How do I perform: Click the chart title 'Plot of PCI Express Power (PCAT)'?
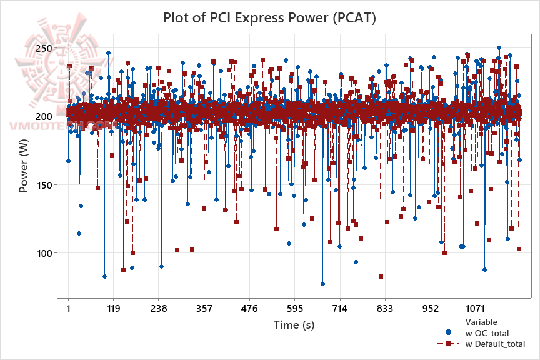coord(269,17)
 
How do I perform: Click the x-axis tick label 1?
coord(68,308)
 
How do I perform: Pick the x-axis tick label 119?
coord(113,308)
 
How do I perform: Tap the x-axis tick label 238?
coord(159,308)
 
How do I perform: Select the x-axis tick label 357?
coord(204,308)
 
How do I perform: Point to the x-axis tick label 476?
coord(249,308)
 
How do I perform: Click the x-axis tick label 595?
coord(294,308)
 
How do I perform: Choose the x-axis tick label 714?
coord(340,308)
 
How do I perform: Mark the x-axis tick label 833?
coord(385,308)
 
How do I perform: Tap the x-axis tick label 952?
coord(431,308)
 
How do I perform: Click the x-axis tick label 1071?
coord(476,308)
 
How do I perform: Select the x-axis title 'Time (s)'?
coord(294,325)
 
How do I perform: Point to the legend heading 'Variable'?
coord(482,322)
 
